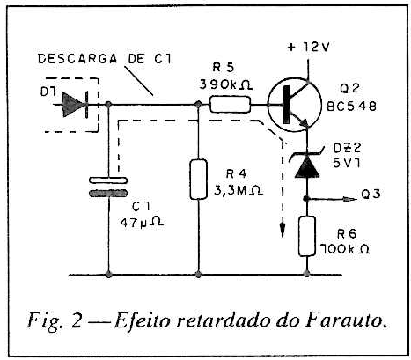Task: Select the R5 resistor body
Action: (x=231, y=105)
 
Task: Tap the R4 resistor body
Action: (x=199, y=180)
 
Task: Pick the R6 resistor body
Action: (x=307, y=236)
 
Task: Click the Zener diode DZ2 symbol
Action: (x=307, y=163)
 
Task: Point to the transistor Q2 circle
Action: (x=295, y=105)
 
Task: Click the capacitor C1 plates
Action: (x=108, y=187)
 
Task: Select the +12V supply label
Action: (x=309, y=47)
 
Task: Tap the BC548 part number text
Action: (x=351, y=107)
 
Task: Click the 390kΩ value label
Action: (x=226, y=85)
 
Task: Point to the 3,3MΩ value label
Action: (x=239, y=191)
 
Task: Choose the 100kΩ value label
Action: (x=345, y=249)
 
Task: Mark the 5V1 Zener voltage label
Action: (x=346, y=163)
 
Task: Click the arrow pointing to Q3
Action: (x=332, y=199)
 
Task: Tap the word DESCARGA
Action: (x=77, y=59)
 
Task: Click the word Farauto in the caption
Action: (x=345, y=320)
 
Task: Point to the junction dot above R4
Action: (x=199, y=104)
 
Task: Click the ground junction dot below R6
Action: (x=307, y=275)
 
